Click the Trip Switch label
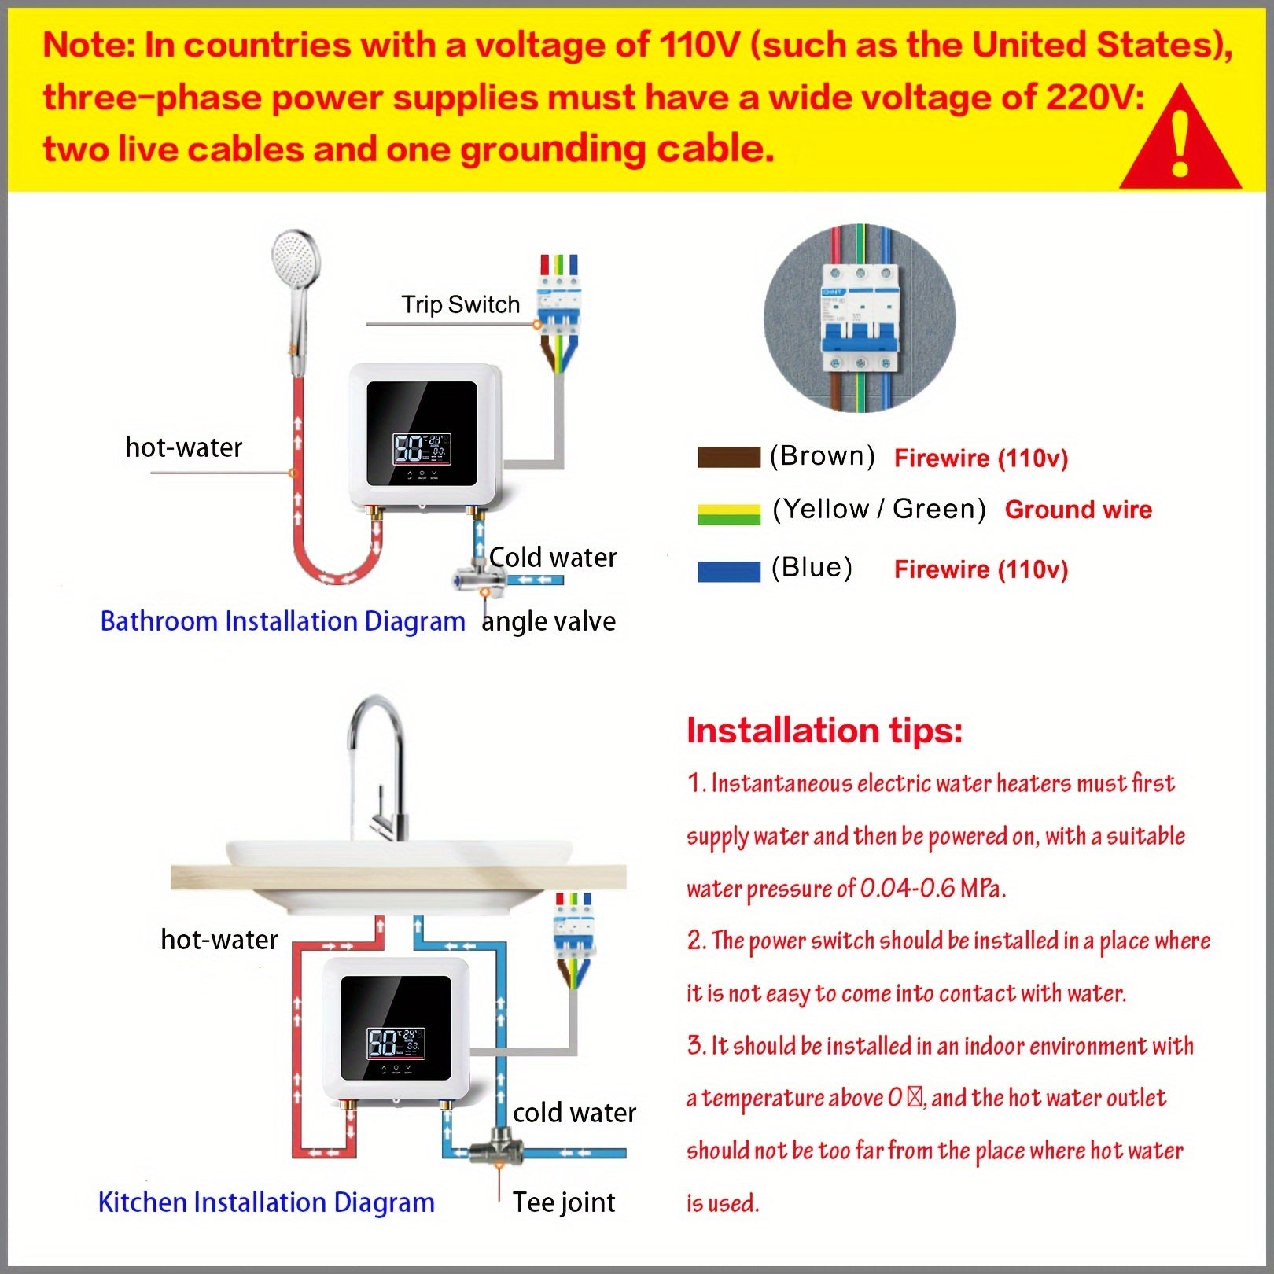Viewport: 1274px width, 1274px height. click(461, 304)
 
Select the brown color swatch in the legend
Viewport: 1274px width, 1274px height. click(729, 457)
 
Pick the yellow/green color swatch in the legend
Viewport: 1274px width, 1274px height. click(729, 514)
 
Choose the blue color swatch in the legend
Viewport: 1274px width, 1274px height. click(729, 571)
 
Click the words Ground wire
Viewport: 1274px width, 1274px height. click(1078, 510)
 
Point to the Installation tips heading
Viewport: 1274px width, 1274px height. click(824, 731)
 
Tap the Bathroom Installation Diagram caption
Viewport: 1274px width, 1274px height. click(283, 621)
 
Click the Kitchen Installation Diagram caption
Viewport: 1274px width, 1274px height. click(267, 1202)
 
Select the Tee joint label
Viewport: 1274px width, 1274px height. click(564, 1202)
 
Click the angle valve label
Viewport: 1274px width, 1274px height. click(549, 621)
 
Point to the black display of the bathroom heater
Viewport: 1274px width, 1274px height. click(422, 433)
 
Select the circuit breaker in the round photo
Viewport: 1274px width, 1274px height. click(860, 318)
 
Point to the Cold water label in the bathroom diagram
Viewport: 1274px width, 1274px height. click(553, 558)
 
